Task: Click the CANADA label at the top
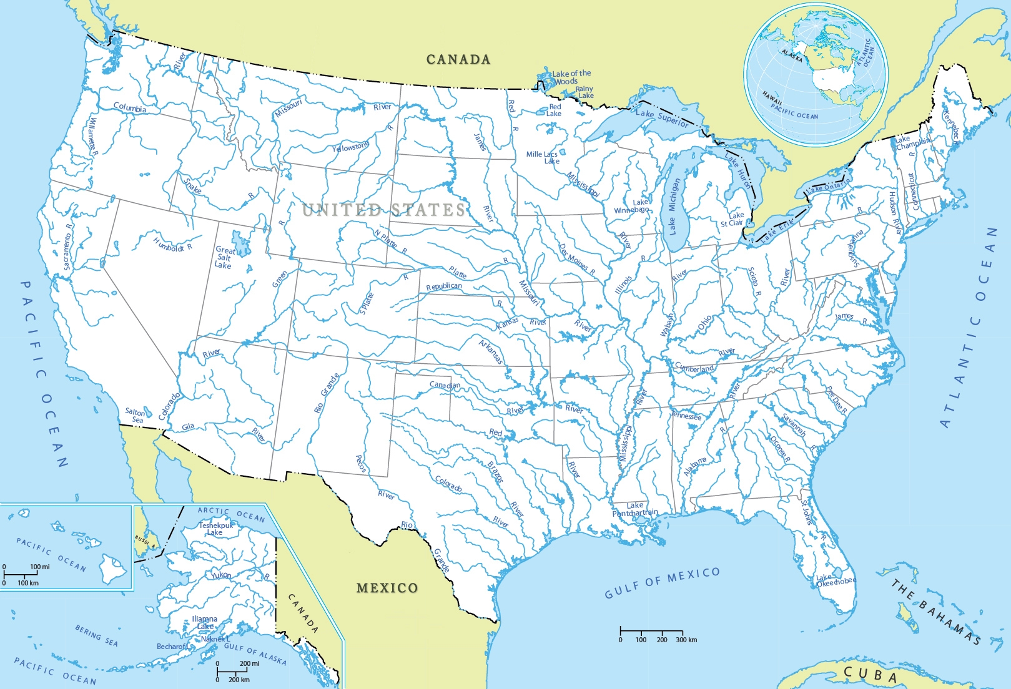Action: pyautogui.click(x=458, y=59)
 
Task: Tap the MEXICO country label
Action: pyautogui.click(x=387, y=588)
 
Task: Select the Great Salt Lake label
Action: pyautogui.click(x=224, y=257)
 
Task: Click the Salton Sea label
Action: pyautogui.click(x=135, y=416)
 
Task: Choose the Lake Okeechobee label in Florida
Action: pyautogui.click(x=835, y=581)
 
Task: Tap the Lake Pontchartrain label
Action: pyautogui.click(x=635, y=509)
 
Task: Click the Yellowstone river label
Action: pyautogui.click(x=350, y=147)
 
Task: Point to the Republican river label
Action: pyautogui.click(x=444, y=286)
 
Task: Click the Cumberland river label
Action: pyautogui.click(x=694, y=368)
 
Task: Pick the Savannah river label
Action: pyautogui.click(x=794, y=424)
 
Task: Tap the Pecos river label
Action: pyautogui.click(x=360, y=463)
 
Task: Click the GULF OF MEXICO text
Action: pyautogui.click(x=662, y=582)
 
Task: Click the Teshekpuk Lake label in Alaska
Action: pyautogui.click(x=215, y=529)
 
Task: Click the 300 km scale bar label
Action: pyautogui.click(x=686, y=640)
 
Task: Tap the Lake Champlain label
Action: pyautogui.click(x=911, y=142)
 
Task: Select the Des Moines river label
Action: pyautogui.click(x=576, y=260)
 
